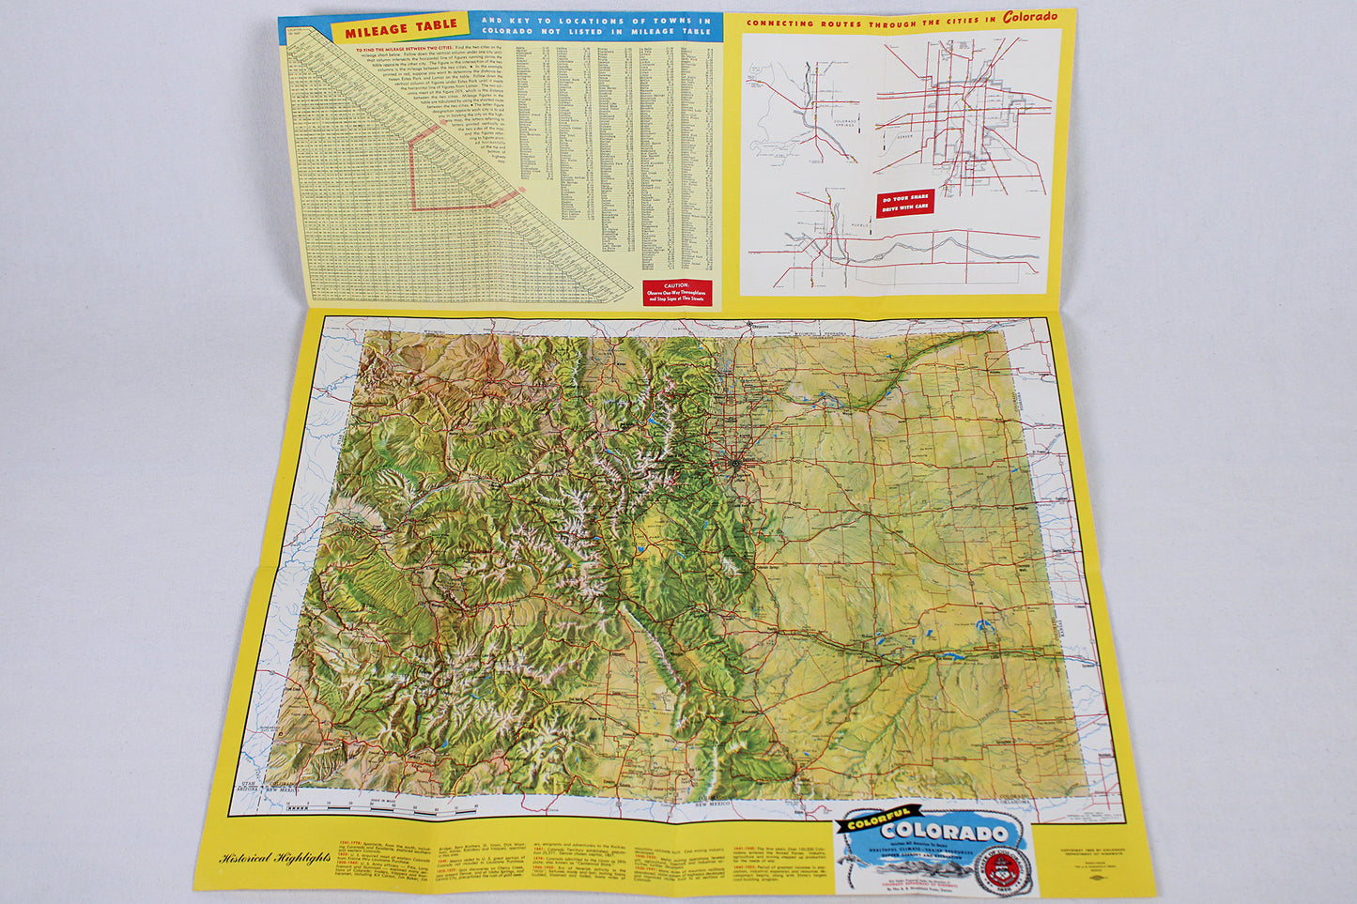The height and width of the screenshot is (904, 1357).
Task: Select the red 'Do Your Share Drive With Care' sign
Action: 905,203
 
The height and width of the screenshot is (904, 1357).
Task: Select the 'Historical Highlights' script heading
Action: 275,857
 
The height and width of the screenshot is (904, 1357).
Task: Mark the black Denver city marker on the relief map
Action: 735,462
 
